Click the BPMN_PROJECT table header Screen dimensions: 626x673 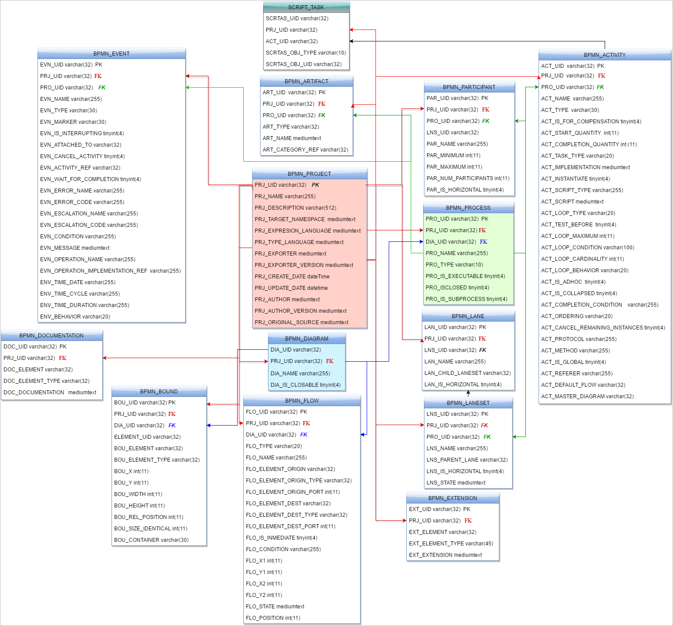coord(309,174)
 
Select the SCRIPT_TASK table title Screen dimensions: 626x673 coord(306,7)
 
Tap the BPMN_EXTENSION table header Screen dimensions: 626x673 coord(453,498)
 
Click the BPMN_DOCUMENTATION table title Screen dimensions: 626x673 coord(52,336)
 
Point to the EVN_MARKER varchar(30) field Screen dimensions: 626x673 coord(73,122)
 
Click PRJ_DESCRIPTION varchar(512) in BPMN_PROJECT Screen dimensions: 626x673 coord(295,208)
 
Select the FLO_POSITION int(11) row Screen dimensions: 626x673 coord(273,618)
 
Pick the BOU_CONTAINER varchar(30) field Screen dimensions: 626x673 coord(151,540)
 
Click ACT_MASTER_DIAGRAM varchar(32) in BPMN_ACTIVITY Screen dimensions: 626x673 coord(587,396)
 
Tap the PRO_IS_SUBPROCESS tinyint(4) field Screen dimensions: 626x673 coord(466,299)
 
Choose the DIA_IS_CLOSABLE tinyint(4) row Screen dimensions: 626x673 coord(305,385)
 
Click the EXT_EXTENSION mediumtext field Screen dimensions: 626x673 coord(445,555)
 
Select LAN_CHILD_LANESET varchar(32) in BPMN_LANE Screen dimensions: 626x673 coord(467,373)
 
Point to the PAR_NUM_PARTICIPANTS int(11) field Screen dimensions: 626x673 coord(468,178)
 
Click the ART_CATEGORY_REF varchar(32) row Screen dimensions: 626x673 coord(305,150)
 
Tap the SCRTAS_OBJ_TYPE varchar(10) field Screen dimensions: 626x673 coord(305,53)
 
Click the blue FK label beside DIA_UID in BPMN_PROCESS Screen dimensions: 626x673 coord(483,242)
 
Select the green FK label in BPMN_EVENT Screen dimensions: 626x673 coord(102,88)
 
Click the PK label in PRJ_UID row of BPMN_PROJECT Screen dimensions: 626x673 coord(315,185)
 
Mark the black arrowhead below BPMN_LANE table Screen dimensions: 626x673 coord(468,392)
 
